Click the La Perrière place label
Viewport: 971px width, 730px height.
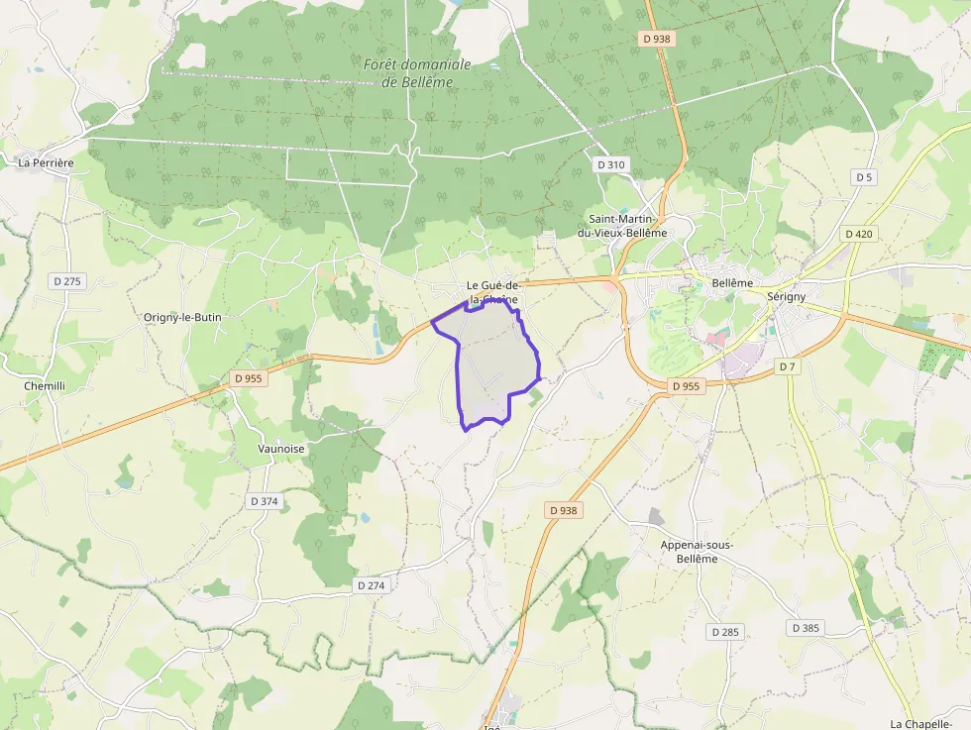click(47, 161)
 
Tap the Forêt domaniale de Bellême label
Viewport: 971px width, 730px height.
click(417, 73)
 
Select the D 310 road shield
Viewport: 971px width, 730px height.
click(611, 164)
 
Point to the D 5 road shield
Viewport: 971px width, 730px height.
click(864, 177)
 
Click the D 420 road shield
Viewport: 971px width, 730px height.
click(859, 234)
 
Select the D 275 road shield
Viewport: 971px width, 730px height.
click(67, 281)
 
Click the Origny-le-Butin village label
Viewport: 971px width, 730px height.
click(182, 317)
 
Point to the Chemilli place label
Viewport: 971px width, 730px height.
click(45, 385)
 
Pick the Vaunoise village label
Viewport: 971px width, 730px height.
click(281, 448)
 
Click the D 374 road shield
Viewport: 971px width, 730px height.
click(265, 501)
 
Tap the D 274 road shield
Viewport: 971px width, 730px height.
click(370, 585)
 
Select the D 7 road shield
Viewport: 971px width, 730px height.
click(787, 366)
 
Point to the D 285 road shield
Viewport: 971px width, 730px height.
click(725, 631)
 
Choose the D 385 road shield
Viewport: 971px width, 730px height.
click(806, 628)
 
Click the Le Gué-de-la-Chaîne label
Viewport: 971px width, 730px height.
click(492, 292)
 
